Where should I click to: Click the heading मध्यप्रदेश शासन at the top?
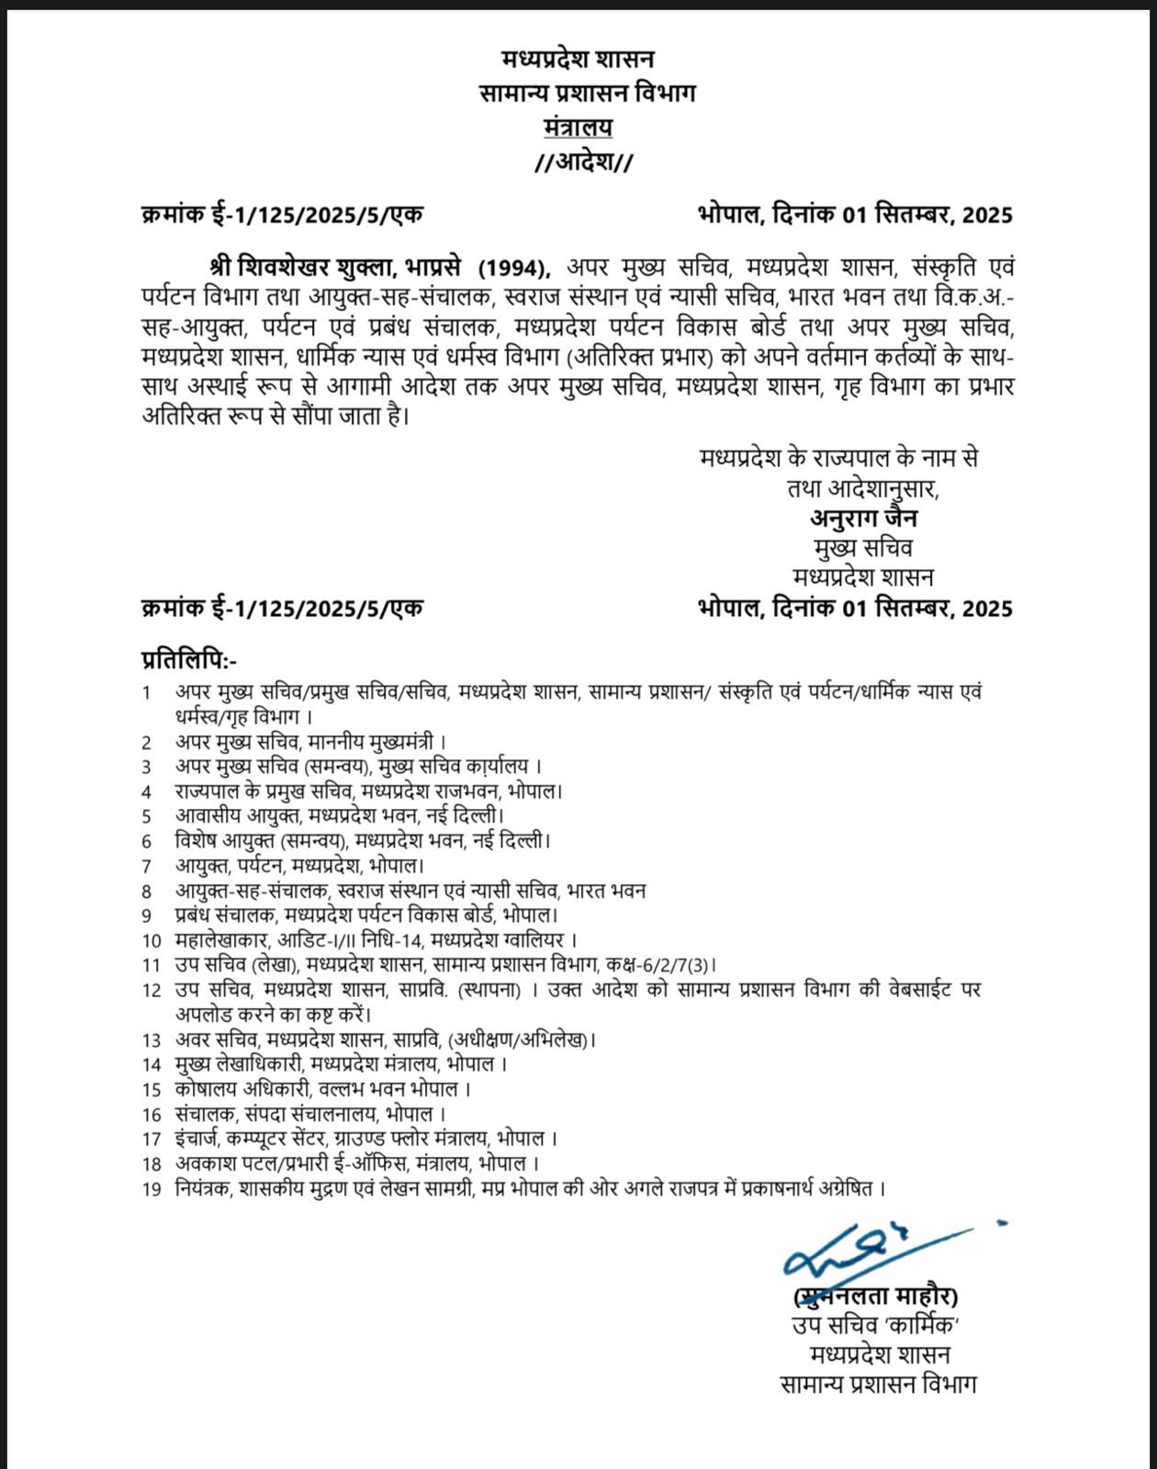coord(578,60)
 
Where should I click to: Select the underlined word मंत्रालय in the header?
coord(578,127)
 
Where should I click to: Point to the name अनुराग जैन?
coord(863,518)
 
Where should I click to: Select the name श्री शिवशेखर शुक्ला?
coord(302,267)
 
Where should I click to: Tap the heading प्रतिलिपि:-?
coord(188,659)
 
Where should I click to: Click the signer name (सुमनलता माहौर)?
coord(876,1296)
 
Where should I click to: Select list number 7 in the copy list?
coord(146,866)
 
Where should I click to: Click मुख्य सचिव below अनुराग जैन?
coord(863,548)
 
